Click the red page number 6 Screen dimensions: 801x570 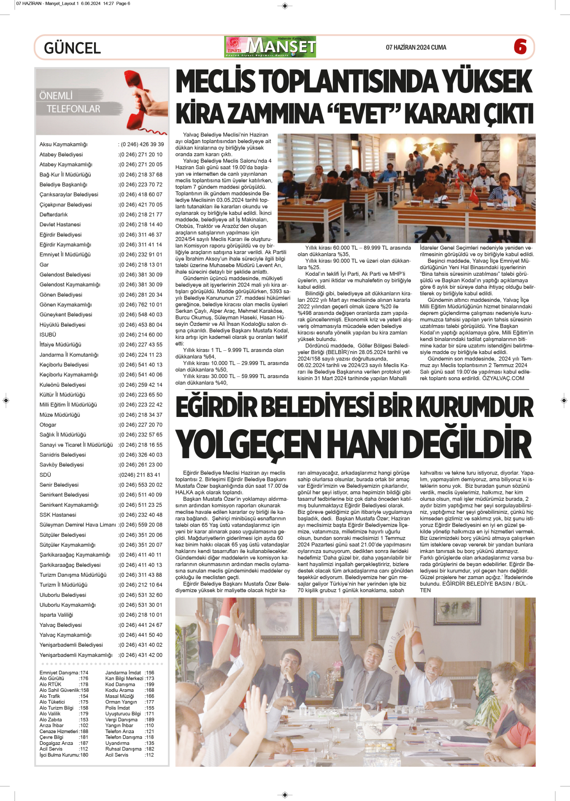pos(520,47)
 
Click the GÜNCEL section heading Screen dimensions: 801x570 pos(72,48)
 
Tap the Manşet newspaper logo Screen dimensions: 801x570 pos(270,47)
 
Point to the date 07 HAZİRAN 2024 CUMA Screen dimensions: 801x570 pos(416,48)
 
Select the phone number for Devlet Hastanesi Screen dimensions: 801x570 pos(140,225)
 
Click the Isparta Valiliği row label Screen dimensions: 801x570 pos(56,615)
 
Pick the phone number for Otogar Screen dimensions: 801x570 pos(140,425)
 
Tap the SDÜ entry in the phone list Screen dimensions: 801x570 pos(45,475)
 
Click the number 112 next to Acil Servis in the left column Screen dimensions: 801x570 pos(84,749)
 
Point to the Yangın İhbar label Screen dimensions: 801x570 pos(119,726)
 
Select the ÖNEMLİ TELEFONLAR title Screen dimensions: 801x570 pos(70,102)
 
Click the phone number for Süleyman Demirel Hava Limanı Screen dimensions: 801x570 pos(140,525)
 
